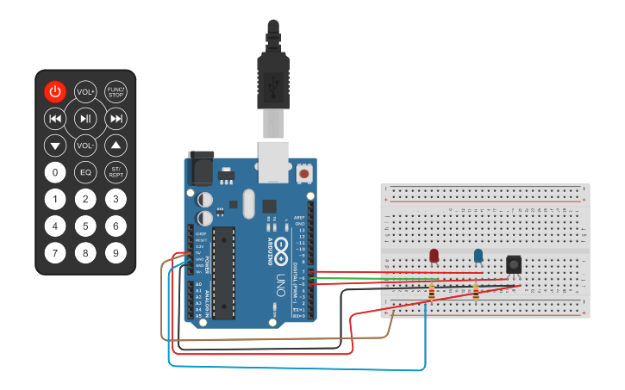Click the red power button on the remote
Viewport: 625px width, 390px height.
tap(55, 91)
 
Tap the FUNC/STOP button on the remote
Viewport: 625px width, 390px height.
tap(116, 91)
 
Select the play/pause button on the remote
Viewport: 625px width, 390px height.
tap(85, 118)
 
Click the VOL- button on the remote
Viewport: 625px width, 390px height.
tap(85, 145)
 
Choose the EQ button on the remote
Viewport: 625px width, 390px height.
tap(85, 172)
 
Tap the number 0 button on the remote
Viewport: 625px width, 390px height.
tap(55, 172)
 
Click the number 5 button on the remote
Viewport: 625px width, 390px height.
tap(85, 226)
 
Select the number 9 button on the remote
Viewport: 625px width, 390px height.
tap(116, 253)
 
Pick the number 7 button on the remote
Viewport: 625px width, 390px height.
tap(55, 253)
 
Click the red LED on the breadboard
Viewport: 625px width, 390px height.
tap(434, 255)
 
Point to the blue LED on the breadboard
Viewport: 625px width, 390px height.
tap(478, 255)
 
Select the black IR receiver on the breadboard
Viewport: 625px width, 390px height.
tap(514, 264)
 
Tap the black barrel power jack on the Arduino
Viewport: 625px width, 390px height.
tap(201, 168)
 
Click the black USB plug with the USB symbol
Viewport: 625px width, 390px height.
tap(273, 82)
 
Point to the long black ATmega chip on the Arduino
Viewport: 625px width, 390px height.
tap(224, 272)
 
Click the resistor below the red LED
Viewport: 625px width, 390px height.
tap(431, 293)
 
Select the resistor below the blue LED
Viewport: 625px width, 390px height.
tap(475, 293)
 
